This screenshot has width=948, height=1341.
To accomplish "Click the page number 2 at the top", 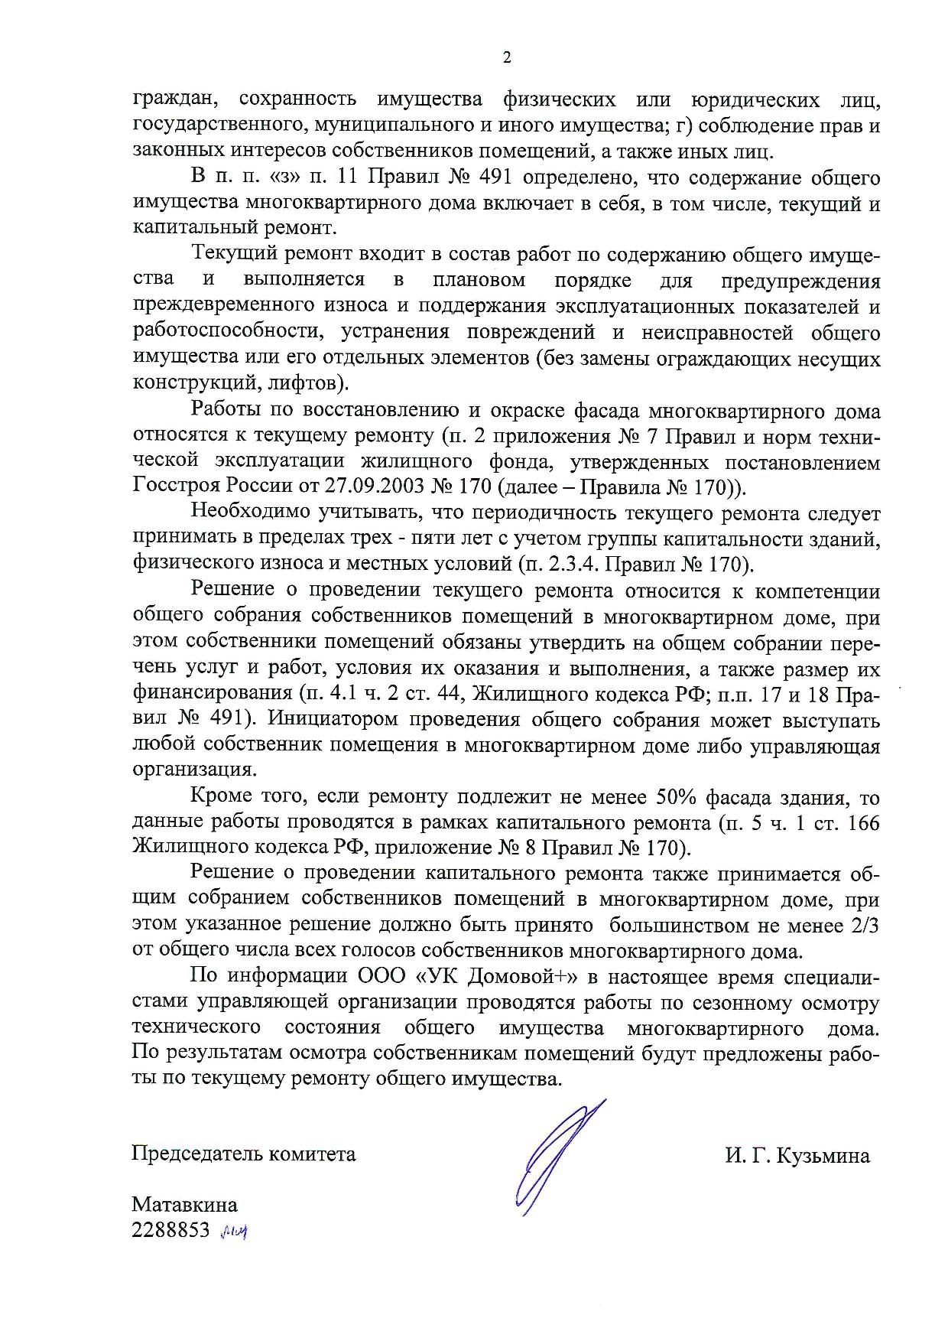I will coord(506,58).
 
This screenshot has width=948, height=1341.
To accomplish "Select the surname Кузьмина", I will coord(823,1156).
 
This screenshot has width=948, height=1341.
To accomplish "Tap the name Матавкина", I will coord(184,1205).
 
